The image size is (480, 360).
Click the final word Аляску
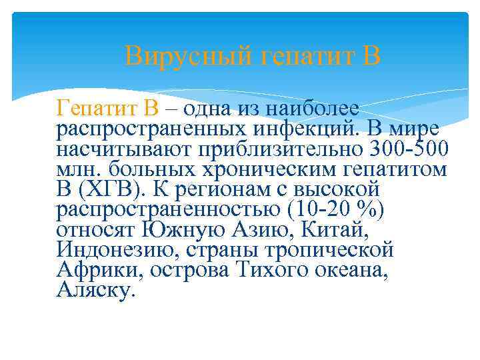tap(96, 291)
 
